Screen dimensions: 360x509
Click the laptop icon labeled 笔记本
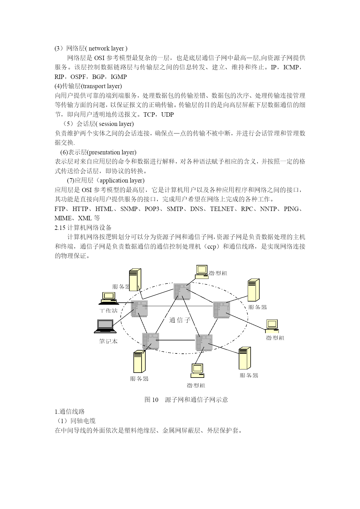pos(105,326)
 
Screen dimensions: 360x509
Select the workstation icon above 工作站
pos(108,298)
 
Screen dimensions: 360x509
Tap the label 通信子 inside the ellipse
pos(180,320)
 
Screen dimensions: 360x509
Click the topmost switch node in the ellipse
pos(182,291)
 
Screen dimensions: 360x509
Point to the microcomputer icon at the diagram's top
pos(202,272)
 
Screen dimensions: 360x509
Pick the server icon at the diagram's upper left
pos(135,280)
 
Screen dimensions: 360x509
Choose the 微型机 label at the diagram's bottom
pos(196,385)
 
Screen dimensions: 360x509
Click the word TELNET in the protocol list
pos(222,209)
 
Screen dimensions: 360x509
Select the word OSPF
pos(78,77)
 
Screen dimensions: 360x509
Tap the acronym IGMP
pos(119,77)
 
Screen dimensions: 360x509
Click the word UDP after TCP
pos(167,115)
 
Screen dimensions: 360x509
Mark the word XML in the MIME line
pos(85,218)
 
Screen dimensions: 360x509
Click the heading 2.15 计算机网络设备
pos(83,228)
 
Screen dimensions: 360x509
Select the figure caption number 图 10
pos(151,400)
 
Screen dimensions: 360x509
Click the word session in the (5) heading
pos(108,124)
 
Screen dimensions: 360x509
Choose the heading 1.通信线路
pos(70,412)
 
